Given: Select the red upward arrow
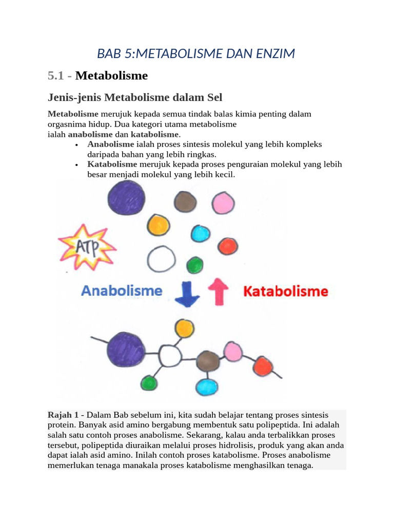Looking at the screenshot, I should pos(218,292).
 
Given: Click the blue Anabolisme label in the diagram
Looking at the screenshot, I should pos(122,291).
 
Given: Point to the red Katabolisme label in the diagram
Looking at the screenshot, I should pos(285,292).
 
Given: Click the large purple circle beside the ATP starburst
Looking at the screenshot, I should pos(125,198).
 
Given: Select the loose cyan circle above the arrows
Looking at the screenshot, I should pos(201,234).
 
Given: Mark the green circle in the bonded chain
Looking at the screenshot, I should pos(149,383).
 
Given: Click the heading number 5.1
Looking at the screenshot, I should pos(56,76).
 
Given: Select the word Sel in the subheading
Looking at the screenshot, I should pos(213,97).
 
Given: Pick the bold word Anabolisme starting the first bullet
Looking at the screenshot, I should pos(111,145).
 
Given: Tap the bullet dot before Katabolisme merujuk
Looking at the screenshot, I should pos(76,165).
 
